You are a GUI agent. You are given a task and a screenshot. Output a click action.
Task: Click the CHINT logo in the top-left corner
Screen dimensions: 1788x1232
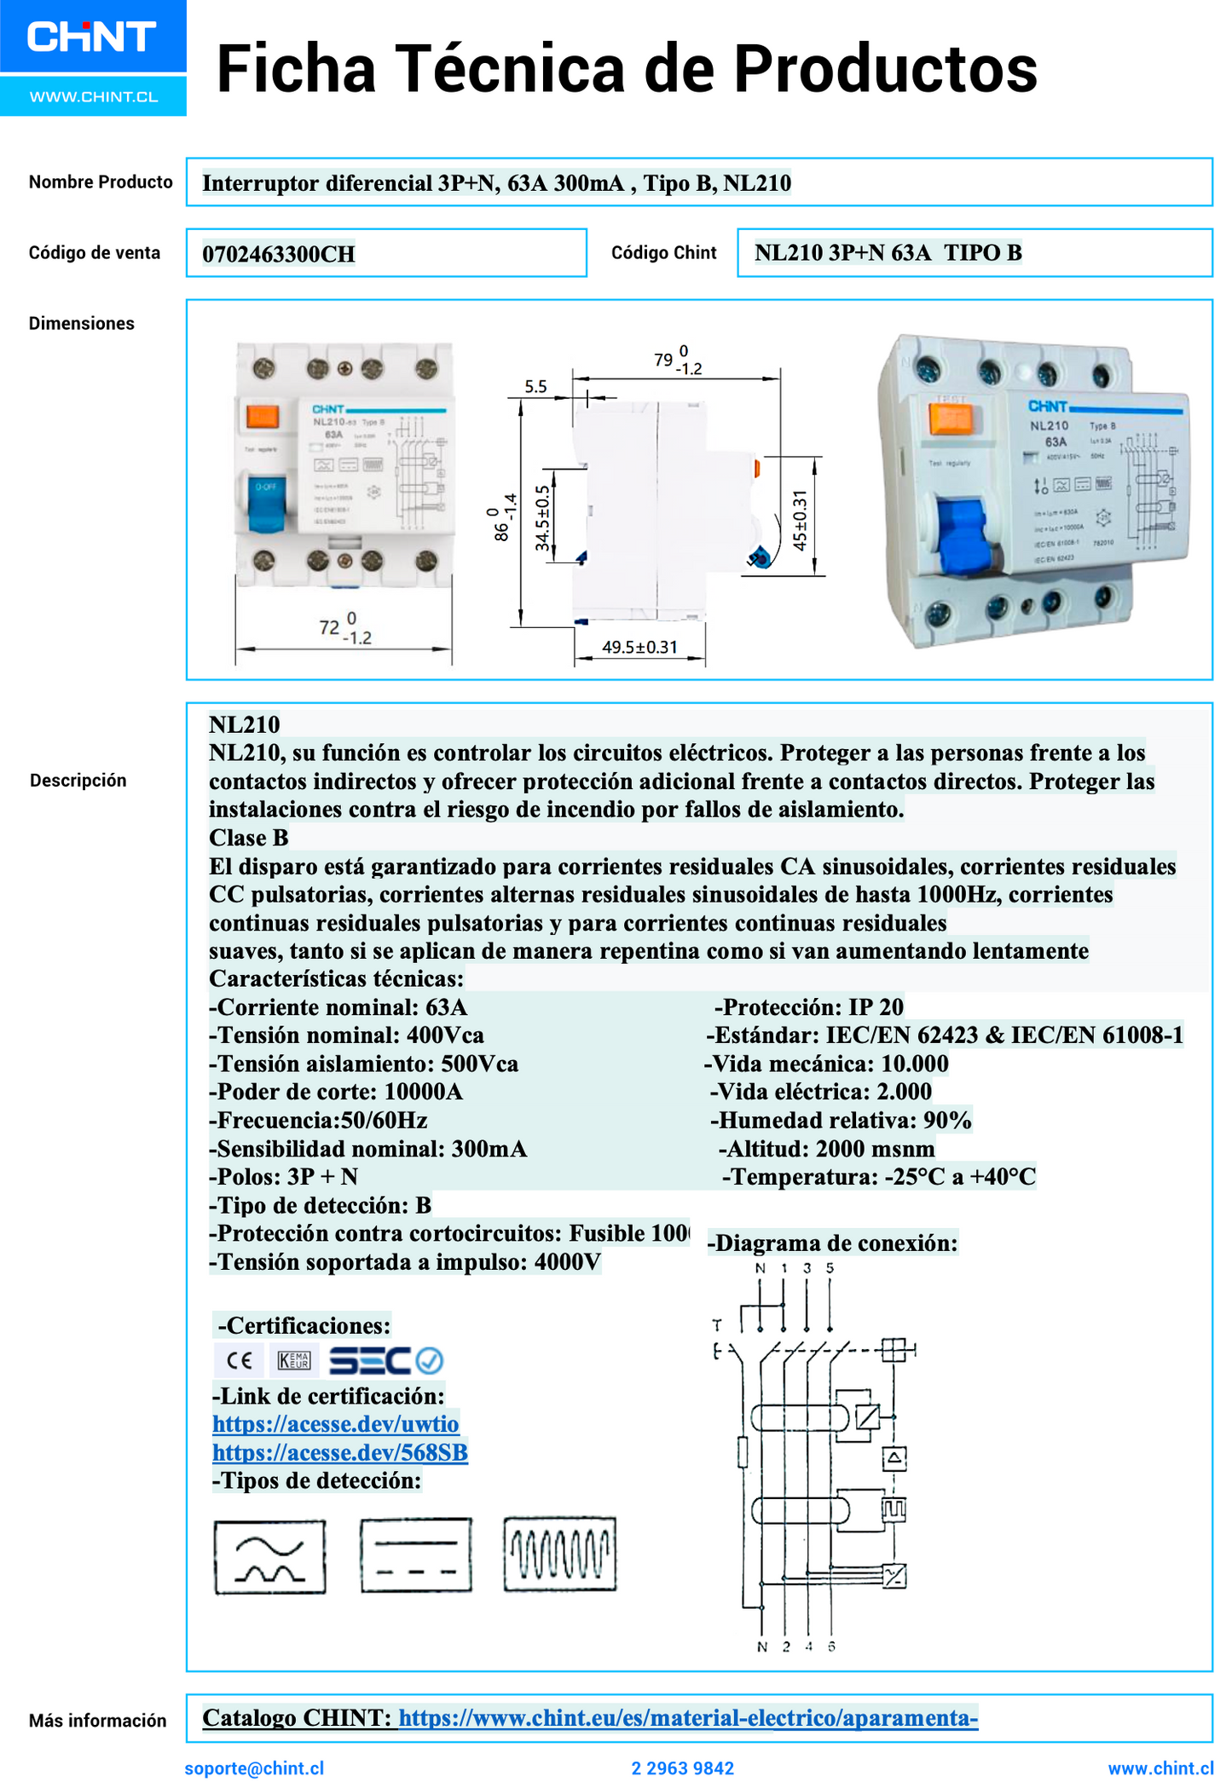92,37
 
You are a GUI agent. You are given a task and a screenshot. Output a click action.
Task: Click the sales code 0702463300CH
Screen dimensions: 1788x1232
279,254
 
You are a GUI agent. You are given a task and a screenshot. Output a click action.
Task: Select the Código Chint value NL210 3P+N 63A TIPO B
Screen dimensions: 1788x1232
888,252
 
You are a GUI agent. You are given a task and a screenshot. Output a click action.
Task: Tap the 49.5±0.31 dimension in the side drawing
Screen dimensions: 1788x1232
639,647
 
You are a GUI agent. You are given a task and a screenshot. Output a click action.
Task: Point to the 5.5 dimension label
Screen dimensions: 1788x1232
535,386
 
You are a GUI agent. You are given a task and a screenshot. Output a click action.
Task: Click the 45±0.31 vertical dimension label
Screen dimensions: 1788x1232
800,521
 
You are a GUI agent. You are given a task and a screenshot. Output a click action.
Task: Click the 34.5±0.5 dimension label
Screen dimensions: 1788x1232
542,518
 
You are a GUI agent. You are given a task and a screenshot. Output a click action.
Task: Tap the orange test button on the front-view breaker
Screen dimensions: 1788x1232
263,417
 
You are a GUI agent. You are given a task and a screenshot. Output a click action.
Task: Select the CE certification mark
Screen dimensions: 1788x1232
240,1360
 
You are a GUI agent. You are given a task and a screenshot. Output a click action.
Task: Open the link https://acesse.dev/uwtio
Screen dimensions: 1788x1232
336,1423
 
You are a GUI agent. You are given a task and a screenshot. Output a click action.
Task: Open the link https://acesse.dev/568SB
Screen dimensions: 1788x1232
340,1451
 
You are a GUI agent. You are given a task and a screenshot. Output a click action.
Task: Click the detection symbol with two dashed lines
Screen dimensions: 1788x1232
416,1555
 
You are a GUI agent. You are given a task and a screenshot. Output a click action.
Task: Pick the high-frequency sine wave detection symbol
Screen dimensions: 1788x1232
559,1554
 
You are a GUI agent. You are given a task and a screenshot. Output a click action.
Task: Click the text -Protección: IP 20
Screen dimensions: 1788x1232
808,1007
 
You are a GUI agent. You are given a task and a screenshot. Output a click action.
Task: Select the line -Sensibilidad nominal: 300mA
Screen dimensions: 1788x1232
367,1149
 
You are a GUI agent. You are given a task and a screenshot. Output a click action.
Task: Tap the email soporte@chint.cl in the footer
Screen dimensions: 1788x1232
254,1768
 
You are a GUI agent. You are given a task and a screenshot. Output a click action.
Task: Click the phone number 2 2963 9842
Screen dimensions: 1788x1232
682,1768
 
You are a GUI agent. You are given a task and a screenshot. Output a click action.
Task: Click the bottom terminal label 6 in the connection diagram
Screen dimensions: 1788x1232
831,1647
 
